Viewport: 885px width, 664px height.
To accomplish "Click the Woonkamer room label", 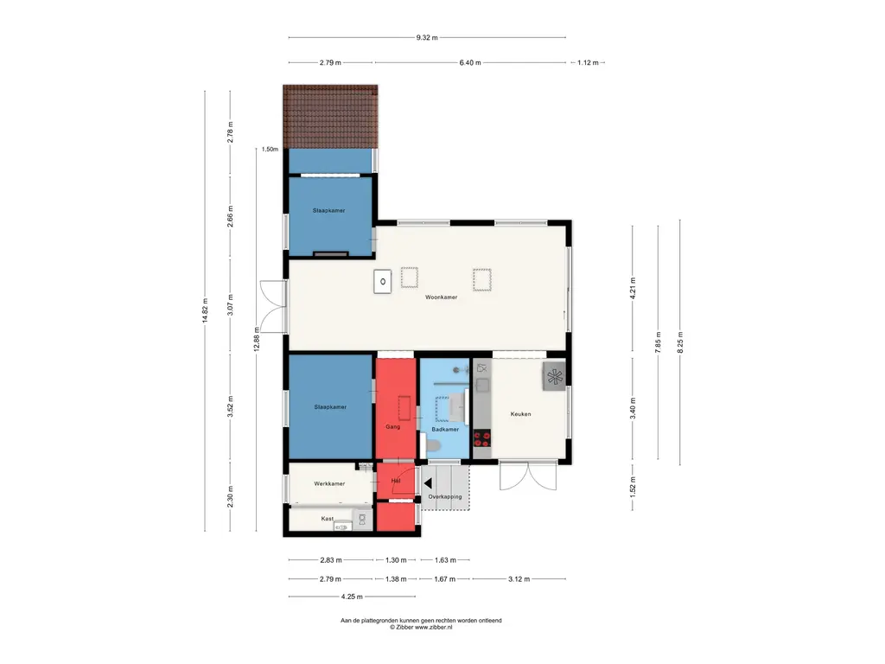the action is (x=442, y=297).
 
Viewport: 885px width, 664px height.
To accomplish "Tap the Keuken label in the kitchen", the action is (x=520, y=414).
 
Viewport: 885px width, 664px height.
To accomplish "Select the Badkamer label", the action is (x=445, y=429).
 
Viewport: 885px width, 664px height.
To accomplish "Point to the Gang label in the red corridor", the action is (x=393, y=427).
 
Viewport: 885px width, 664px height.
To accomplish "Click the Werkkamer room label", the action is (x=329, y=484).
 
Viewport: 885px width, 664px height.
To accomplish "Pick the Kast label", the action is (x=328, y=519).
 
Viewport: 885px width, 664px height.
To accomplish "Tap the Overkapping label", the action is (x=445, y=497).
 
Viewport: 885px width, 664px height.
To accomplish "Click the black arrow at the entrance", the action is (x=428, y=483).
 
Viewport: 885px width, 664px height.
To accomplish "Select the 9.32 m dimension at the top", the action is (x=427, y=38).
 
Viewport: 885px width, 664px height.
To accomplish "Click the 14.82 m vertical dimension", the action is (x=205, y=310).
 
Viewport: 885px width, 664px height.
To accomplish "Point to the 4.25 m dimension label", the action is (x=352, y=597).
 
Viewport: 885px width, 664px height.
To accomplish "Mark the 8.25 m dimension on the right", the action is (x=680, y=342).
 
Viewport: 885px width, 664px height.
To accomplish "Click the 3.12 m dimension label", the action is (x=519, y=578).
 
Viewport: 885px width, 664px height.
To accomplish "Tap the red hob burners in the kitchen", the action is (x=482, y=438).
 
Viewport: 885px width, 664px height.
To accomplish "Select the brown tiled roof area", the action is (x=330, y=117).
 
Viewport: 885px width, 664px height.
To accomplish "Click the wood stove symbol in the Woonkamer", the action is (x=383, y=281).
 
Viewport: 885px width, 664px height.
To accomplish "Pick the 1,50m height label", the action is (x=270, y=150).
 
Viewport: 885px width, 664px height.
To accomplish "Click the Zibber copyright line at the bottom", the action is (x=421, y=627).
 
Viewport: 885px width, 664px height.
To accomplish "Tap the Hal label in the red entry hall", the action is (x=396, y=481).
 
